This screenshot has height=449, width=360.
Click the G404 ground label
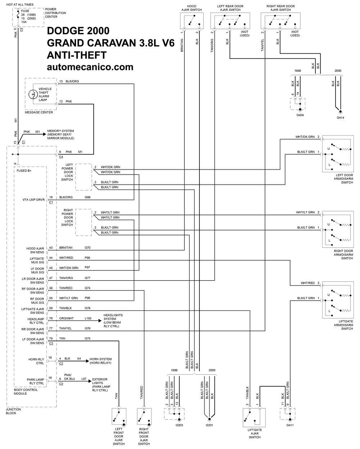click(x=300, y=115)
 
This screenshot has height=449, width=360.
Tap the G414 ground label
click(x=340, y=118)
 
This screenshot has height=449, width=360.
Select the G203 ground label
click(x=179, y=425)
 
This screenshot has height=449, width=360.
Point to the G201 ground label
click(x=209, y=425)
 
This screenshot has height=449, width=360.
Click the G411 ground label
click(x=290, y=425)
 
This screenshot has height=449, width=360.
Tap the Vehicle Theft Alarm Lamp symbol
click(x=33, y=94)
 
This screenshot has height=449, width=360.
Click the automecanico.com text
click(x=90, y=67)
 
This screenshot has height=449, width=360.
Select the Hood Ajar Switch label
click(x=192, y=8)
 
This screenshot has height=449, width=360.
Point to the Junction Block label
click(x=13, y=411)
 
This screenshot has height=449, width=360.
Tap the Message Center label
click(x=39, y=112)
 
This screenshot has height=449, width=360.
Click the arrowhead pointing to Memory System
click(x=44, y=134)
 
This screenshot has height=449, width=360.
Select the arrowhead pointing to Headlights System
click(x=100, y=320)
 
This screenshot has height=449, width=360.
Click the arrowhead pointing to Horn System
click(x=87, y=361)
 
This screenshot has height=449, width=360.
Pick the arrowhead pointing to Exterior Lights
click(x=91, y=381)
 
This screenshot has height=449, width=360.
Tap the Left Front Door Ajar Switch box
click(x=119, y=417)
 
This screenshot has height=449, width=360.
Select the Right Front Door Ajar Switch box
click(x=144, y=417)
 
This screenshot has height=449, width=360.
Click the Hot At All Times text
click(x=20, y=4)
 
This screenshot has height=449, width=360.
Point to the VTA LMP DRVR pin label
click(x=33, y=200)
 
